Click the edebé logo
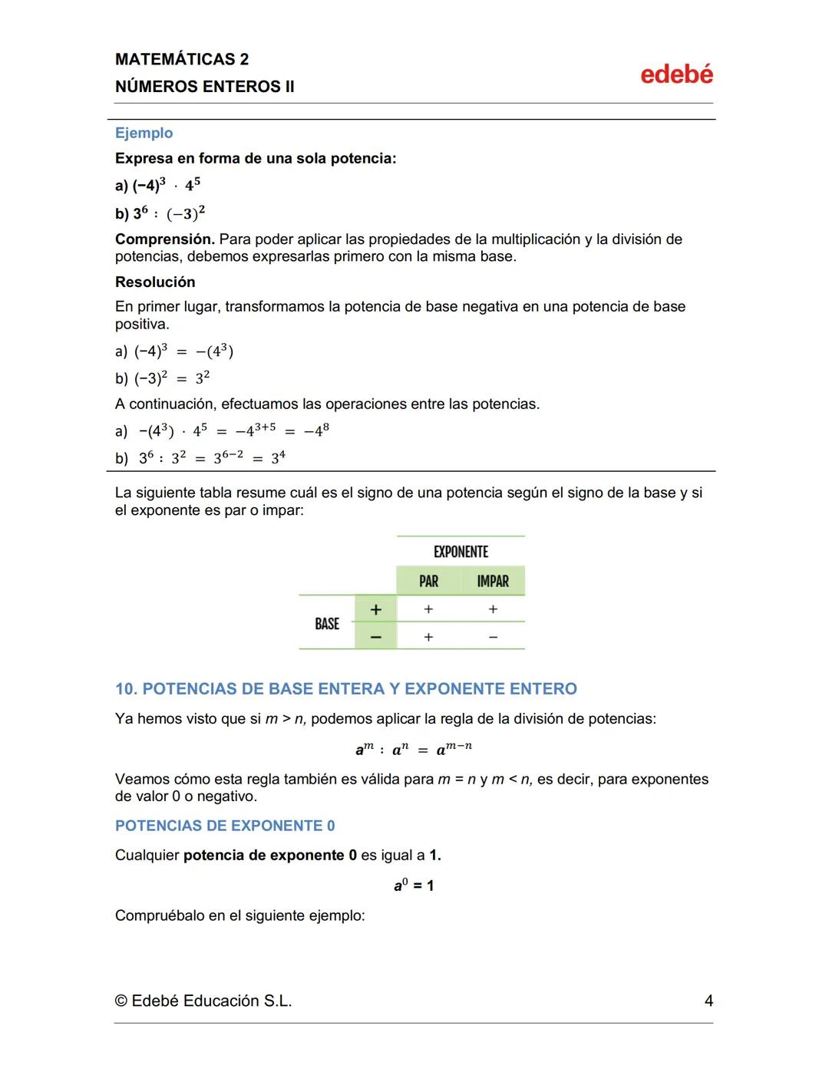[676, 74]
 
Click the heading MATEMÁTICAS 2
[182, 59]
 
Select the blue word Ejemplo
[144, 133]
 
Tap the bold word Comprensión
[164, 239]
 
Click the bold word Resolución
[155, 282]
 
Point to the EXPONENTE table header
[461, 552]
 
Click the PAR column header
[428, 582]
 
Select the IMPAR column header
[493, 582]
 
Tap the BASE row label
[327, 624]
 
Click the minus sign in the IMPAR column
[493, 637]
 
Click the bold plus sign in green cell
[375, 609]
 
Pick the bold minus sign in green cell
[375, 637]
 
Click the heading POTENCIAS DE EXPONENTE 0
[225, 826]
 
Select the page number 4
[708, 1001]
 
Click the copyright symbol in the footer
[121, 1001]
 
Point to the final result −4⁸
[316, 430]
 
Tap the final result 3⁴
[278, 457]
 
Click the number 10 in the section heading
[125, 688]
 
